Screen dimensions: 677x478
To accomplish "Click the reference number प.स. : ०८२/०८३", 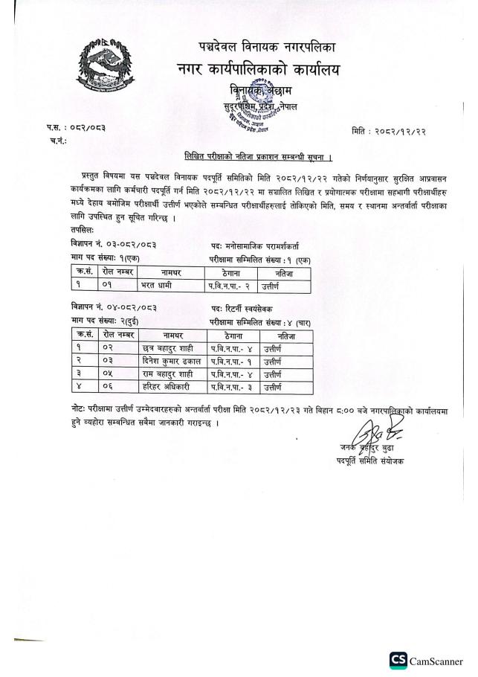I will (x=75, y=127).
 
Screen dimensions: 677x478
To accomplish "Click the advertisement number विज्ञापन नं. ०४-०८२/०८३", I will (x=114, y=307).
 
